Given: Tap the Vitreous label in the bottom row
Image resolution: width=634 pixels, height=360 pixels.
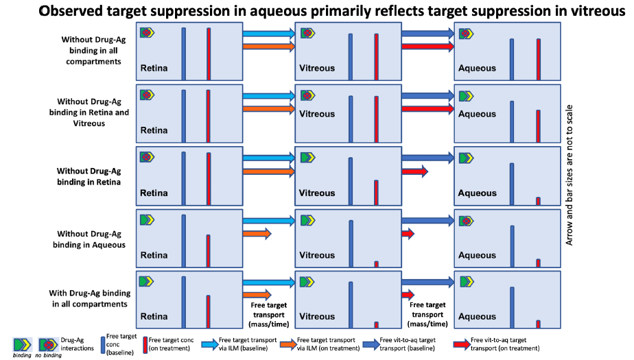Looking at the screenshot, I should [x=316, y=317].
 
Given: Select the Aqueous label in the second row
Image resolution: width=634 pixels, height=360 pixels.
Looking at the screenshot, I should [x=477, y=115].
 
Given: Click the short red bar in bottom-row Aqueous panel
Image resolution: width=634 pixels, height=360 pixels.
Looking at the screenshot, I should [x=538, y=323].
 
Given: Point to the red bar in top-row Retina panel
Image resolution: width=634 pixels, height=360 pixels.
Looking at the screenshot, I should [x=209, y=50].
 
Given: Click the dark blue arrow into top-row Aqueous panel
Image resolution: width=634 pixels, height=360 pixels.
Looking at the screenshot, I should [x=428, y=33].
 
